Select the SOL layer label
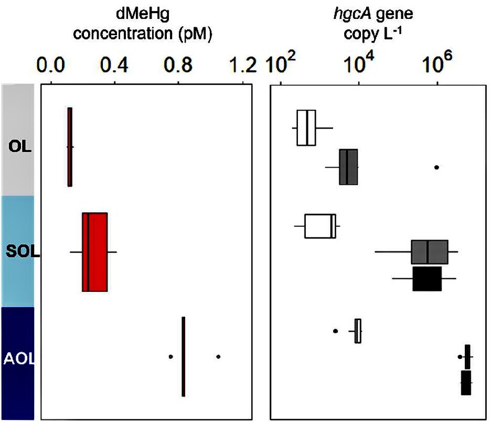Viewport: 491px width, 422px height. pyautogui.click(x=19, y=252)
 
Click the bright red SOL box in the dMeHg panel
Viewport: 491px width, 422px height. pyautogui.click(x=95, y=252)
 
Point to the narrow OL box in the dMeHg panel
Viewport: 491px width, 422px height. pyautogui.click(x=70, y=146)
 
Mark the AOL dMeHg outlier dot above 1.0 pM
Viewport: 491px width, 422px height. pyautogui.click(x=218, y=356)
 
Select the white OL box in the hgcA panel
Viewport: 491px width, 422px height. pyautogui.click(x=306, y=128)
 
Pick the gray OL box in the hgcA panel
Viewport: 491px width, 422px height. pyautogui.click(x=348, y=167)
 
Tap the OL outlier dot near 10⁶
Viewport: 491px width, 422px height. pyautogui.click(x=436, y=167)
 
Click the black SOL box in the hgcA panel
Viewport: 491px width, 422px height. pyautogui.click(x=427, y=279)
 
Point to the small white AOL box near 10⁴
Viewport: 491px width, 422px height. pyautogui.click(x=358, y=331)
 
